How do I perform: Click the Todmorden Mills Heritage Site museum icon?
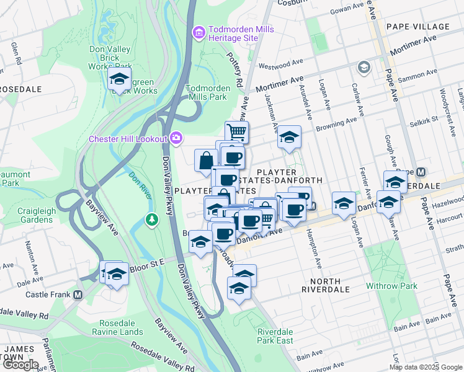coord(199,32)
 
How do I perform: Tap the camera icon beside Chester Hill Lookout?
coord(176,138)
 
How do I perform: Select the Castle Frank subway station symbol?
coord(78,294)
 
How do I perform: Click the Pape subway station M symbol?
coord(421,172)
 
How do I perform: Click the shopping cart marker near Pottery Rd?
coord(236,131)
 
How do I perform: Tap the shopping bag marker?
coord(205,161)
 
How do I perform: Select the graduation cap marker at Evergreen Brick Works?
coord(118,79)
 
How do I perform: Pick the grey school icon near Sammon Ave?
coord(364,67)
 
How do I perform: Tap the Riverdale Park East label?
coord(275,335)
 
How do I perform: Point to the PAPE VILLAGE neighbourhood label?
coord(417,27)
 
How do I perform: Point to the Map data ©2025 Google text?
coord(426,367)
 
